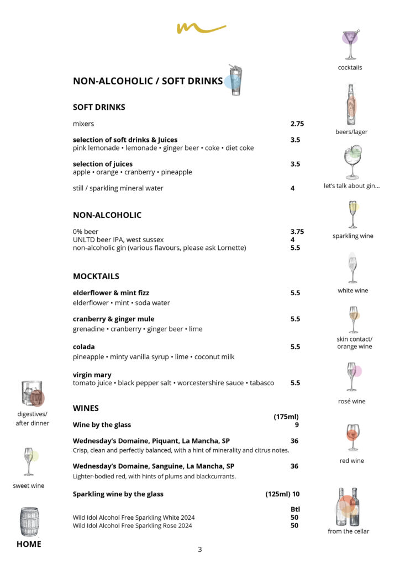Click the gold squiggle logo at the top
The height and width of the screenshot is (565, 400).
(x=201, y=28)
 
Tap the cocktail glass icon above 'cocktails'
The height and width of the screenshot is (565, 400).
(x=350, y=44)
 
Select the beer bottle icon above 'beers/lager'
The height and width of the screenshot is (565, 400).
(x=350, y=104)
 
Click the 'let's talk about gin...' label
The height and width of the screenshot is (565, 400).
(x=351, y=186)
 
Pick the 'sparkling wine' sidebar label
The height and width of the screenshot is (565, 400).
(x=352, y=236)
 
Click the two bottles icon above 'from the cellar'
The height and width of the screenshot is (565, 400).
(x=348, y=507)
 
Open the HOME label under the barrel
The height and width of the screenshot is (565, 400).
(x=29, y=544)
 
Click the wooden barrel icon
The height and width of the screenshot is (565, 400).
(x=29, y=521)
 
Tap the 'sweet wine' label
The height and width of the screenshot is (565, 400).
(x=29, y=486)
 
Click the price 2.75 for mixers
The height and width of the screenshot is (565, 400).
(x=297, y=124)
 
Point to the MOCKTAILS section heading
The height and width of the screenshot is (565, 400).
(x=96, y=276)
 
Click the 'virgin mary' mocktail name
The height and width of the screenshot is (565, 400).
(x=92, y=375)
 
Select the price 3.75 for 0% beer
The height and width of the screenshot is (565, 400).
(x=297, y=232)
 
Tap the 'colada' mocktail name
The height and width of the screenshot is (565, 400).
(x=84, y=347)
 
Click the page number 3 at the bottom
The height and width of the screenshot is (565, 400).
(x=200, y=549)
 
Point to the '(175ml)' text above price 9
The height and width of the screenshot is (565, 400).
(x=286, y=417)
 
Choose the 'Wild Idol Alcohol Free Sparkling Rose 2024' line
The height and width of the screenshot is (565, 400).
(x=133, y=526)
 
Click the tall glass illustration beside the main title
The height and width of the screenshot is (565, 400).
(x=234, y=81)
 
